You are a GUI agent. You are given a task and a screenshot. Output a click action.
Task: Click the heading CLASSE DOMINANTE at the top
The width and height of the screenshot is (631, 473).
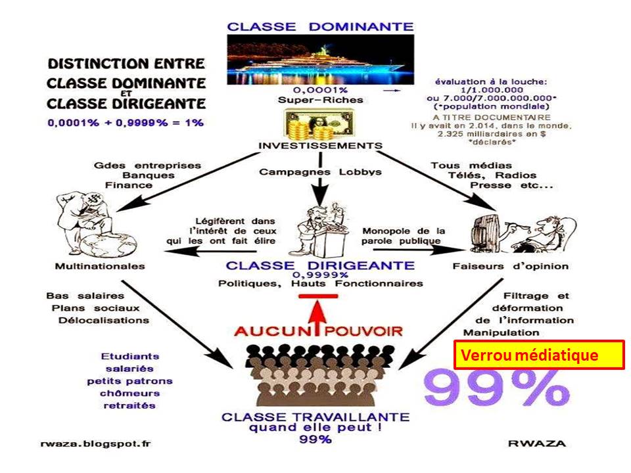320,27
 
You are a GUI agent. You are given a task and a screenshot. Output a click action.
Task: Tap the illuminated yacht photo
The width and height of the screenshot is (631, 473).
320,60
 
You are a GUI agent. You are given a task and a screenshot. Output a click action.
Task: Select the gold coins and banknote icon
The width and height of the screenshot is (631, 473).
319,124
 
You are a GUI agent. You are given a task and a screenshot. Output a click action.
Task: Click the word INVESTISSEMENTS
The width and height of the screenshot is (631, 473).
320,145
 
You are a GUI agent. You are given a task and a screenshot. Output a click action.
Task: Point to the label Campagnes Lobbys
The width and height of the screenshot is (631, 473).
320,172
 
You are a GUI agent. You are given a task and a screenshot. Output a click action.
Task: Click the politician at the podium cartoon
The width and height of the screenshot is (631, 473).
321,227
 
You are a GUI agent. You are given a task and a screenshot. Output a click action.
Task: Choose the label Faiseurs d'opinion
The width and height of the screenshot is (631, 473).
510,267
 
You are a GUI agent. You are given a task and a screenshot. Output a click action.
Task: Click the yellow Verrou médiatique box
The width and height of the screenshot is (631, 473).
538,355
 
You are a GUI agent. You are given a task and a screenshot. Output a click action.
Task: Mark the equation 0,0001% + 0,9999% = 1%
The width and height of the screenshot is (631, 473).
125,122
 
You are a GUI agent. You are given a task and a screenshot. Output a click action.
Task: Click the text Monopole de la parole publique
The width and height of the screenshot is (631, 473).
404,235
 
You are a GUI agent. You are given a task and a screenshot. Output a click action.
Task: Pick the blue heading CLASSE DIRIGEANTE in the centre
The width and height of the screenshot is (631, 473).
320,265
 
